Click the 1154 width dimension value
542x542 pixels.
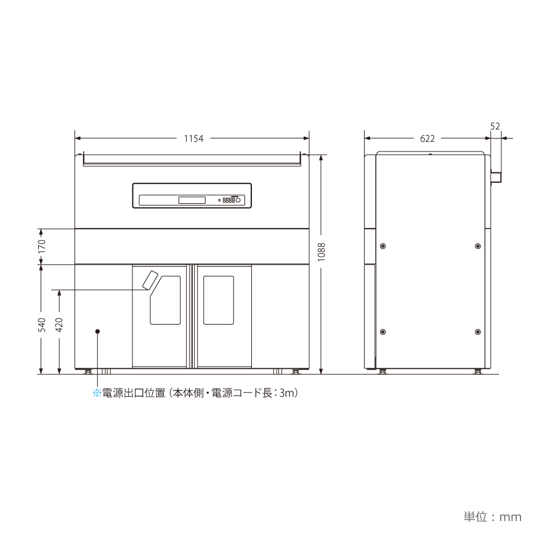tap(193, 139)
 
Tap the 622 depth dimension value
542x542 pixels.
tap(427, 139)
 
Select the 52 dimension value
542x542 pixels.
tap(495, 126)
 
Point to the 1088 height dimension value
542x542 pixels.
tap(322, 252)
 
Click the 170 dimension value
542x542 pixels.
tap(41, 246)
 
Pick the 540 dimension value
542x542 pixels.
tap(41, 325)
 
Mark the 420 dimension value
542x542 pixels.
tap(59, 325)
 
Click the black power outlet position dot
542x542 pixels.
tap(97, 331)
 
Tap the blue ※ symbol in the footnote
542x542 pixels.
tap(97, 393)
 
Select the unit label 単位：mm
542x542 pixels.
tap(492, 517)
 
